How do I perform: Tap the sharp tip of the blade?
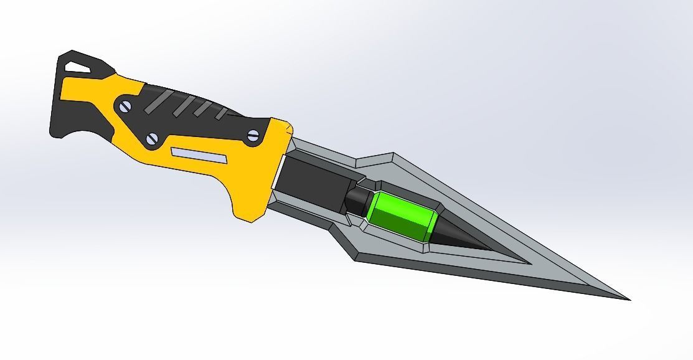(628, 299)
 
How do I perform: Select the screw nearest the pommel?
(125, 107)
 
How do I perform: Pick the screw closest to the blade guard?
(253, 135)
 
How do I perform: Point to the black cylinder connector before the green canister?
(356, 201)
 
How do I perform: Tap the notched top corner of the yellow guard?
(288, 128)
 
